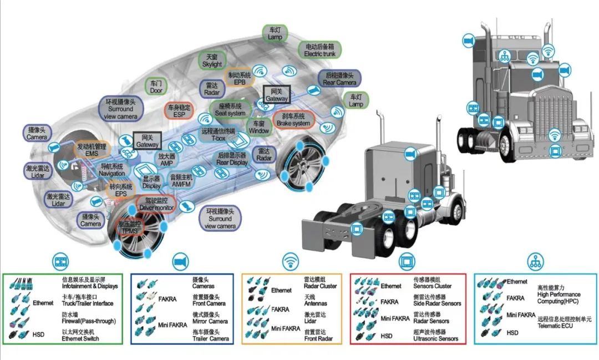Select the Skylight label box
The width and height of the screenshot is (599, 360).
click(212, 60)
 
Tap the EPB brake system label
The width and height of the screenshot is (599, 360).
click(240, 78)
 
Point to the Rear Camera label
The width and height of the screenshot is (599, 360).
click(340, 79)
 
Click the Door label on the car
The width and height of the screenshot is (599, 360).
click(156, 86)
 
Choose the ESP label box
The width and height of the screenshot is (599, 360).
click(179, 110)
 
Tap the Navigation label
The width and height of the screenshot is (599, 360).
click(111, 170)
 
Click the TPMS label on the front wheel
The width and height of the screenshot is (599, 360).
click(129, 227)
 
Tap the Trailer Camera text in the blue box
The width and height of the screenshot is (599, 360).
click(210, 338)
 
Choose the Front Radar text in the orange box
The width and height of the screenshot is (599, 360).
click(319, 338)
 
